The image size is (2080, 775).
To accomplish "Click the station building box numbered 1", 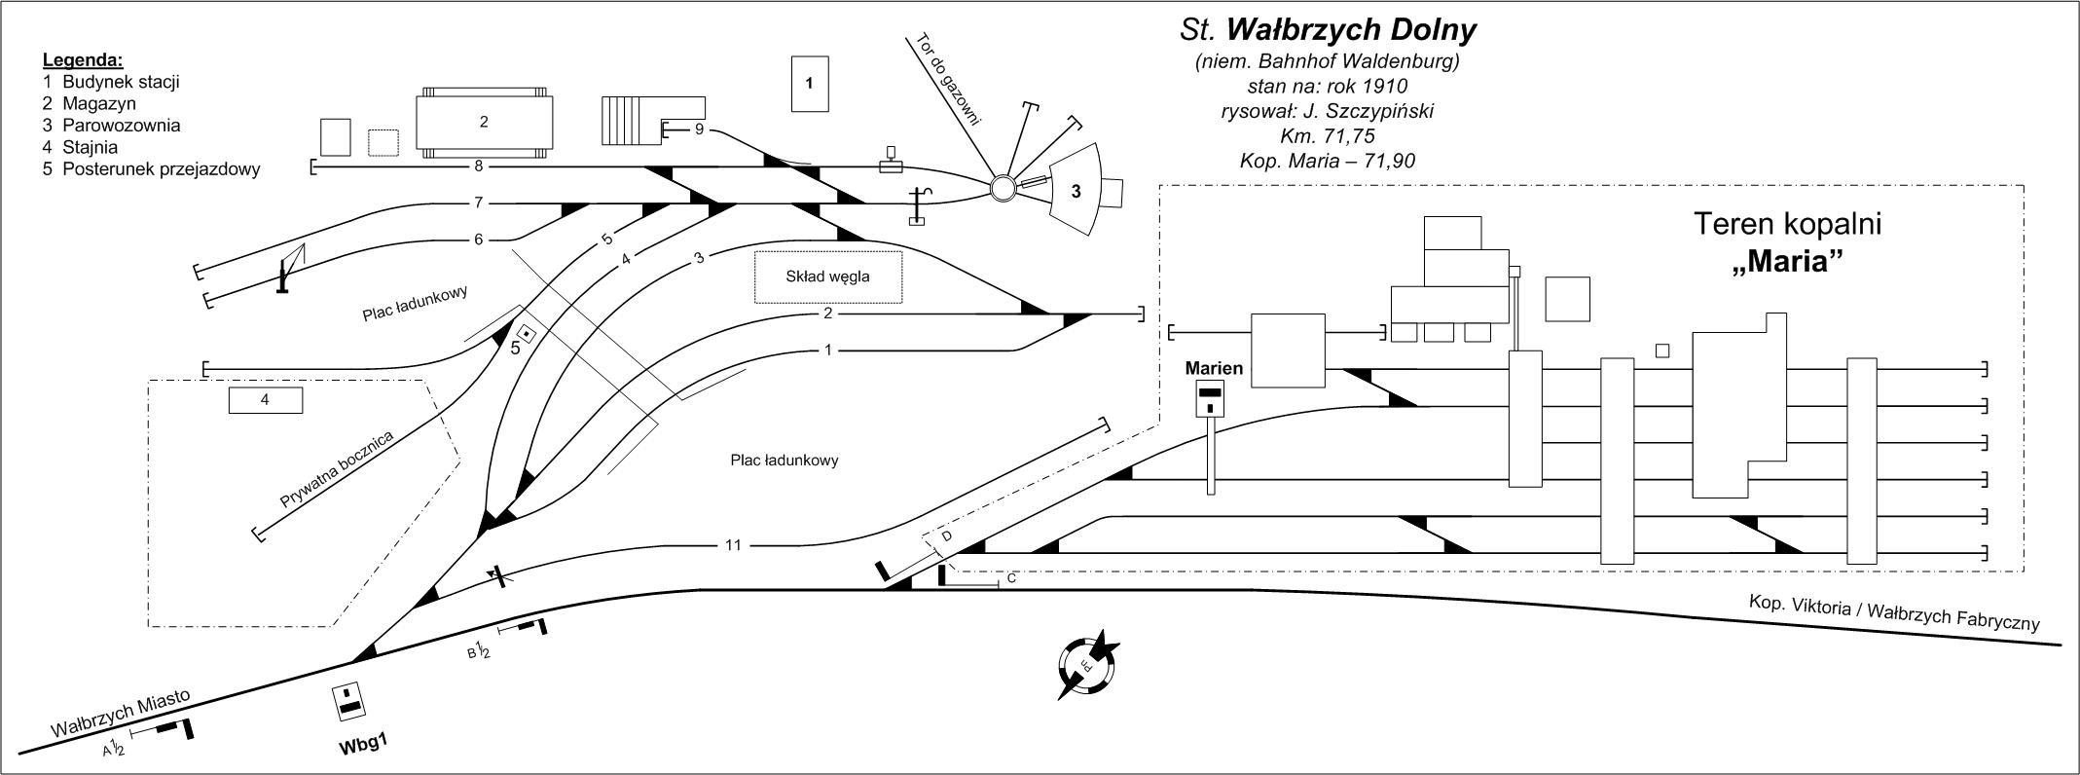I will coord(809,84).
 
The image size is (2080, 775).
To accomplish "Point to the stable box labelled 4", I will coord(265,399).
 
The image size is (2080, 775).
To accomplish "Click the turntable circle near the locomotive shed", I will coord(1004,187).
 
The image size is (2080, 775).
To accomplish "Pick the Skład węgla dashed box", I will coord(828,277).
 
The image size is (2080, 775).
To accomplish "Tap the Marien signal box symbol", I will coord(1210,398).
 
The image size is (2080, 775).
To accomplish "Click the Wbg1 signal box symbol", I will coord(349,702).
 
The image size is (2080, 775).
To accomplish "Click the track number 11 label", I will coord(733,545).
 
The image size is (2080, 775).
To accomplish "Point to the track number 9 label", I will coord(699,129).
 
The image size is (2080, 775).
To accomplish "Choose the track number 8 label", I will coord(479,166).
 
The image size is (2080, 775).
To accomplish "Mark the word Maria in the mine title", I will coord(1789,263).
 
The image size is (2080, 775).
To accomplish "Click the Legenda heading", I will coord(83,59).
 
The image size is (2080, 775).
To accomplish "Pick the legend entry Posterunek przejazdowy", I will coord(161,168).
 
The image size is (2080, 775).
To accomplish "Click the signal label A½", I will coord(114,749).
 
